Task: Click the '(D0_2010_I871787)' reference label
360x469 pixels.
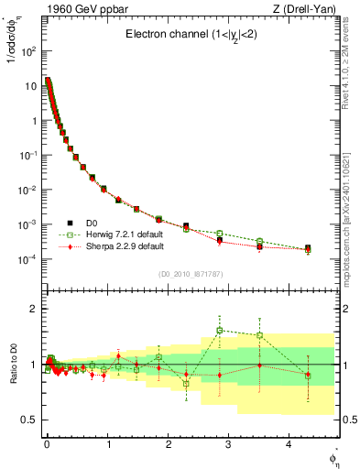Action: tap(191, 274)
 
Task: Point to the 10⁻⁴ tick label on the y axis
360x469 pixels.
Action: tap(27, 259)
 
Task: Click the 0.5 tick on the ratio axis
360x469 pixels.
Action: tap(27, 420)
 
